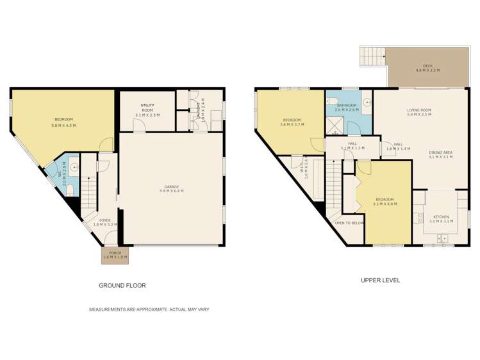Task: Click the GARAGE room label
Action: coord(171,187)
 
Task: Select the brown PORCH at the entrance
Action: coord(115,255)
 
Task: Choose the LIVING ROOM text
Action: coord(419,110)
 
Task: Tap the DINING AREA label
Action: coord(441,152)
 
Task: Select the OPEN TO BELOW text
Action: coord(349,223)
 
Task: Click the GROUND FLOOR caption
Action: coord(126,285)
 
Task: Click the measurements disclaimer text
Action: coord(149,309)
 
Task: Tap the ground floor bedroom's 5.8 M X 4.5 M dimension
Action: coord(63,126)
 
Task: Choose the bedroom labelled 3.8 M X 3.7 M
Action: coord(292,122)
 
